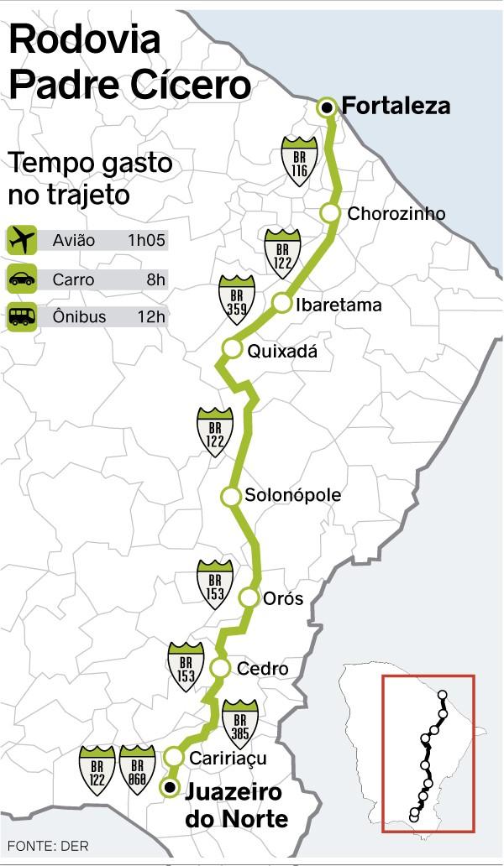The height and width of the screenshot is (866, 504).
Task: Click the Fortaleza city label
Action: click(x=396, y=107)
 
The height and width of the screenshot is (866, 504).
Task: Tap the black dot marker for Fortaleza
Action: click(x=327, y=107)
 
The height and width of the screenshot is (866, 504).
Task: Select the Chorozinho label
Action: click(x=396, y=214)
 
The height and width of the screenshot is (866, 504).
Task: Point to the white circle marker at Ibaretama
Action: click(x=281, y=304)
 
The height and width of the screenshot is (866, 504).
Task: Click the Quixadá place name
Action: click(x=283, y=352)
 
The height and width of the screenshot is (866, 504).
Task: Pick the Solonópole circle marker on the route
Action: click(x=230, y=496)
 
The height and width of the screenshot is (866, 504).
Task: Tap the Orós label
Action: click(x=283, y=599)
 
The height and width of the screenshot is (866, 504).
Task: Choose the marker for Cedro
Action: click(x=220, y=668)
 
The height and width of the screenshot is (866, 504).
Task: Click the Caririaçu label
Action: click(x=228, y=758)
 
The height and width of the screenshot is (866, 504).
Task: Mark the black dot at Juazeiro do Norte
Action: click(x=171, y=787)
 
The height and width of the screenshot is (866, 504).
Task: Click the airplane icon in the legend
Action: click(x=20, y=241)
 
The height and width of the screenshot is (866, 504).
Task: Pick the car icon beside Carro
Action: click(x=20, y=279)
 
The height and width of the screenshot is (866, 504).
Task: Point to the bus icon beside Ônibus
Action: click(x=20, y=317)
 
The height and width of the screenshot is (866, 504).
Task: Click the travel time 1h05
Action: click(x=147, y=241)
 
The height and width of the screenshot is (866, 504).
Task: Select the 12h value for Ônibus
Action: click(x=152, y=317)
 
